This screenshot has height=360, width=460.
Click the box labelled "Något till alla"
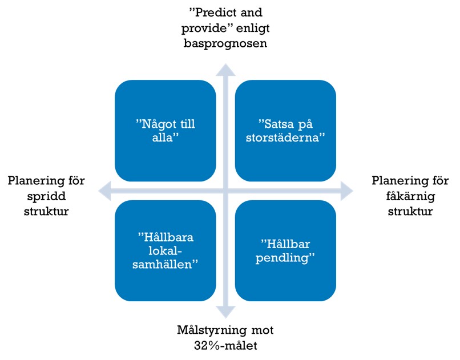pos(166,131)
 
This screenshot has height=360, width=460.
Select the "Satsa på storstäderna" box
pos(285,131)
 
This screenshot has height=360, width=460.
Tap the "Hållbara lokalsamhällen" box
pos(166,250)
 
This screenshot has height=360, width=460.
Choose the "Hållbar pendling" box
pos(285,250)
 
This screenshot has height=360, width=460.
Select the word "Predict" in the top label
pos(213,12)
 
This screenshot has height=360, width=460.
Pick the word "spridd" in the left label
pos(46,196)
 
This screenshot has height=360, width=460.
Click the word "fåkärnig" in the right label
pos(410,196)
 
